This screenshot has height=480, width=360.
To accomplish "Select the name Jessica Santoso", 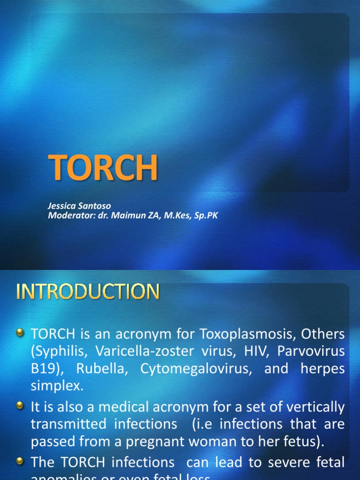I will point(79,206).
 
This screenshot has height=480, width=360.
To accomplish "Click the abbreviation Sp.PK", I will point(207,216).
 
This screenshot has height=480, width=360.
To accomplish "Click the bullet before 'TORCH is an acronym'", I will point(20,333).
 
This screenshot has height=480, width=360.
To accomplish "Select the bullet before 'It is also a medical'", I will point(20,406).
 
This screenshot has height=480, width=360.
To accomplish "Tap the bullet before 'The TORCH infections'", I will point(20,461).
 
